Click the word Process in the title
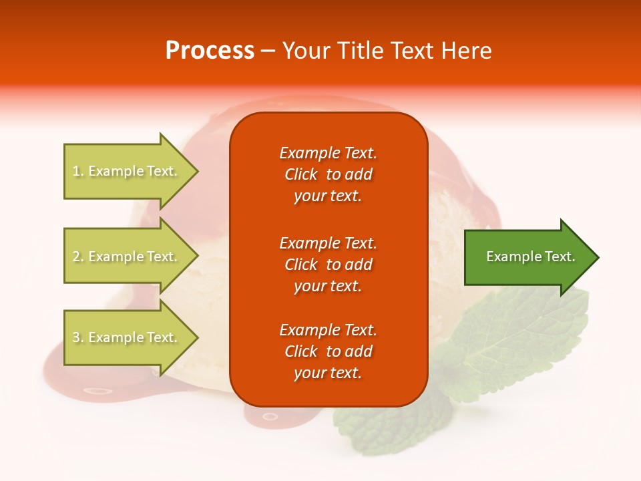(210, 51)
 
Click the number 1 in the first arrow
(76, 172)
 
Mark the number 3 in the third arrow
(76, 338)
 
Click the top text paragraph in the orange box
(328, 174)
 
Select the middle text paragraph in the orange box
(328, 265)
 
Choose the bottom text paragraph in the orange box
(328, 351)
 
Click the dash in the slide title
(268, 51)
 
